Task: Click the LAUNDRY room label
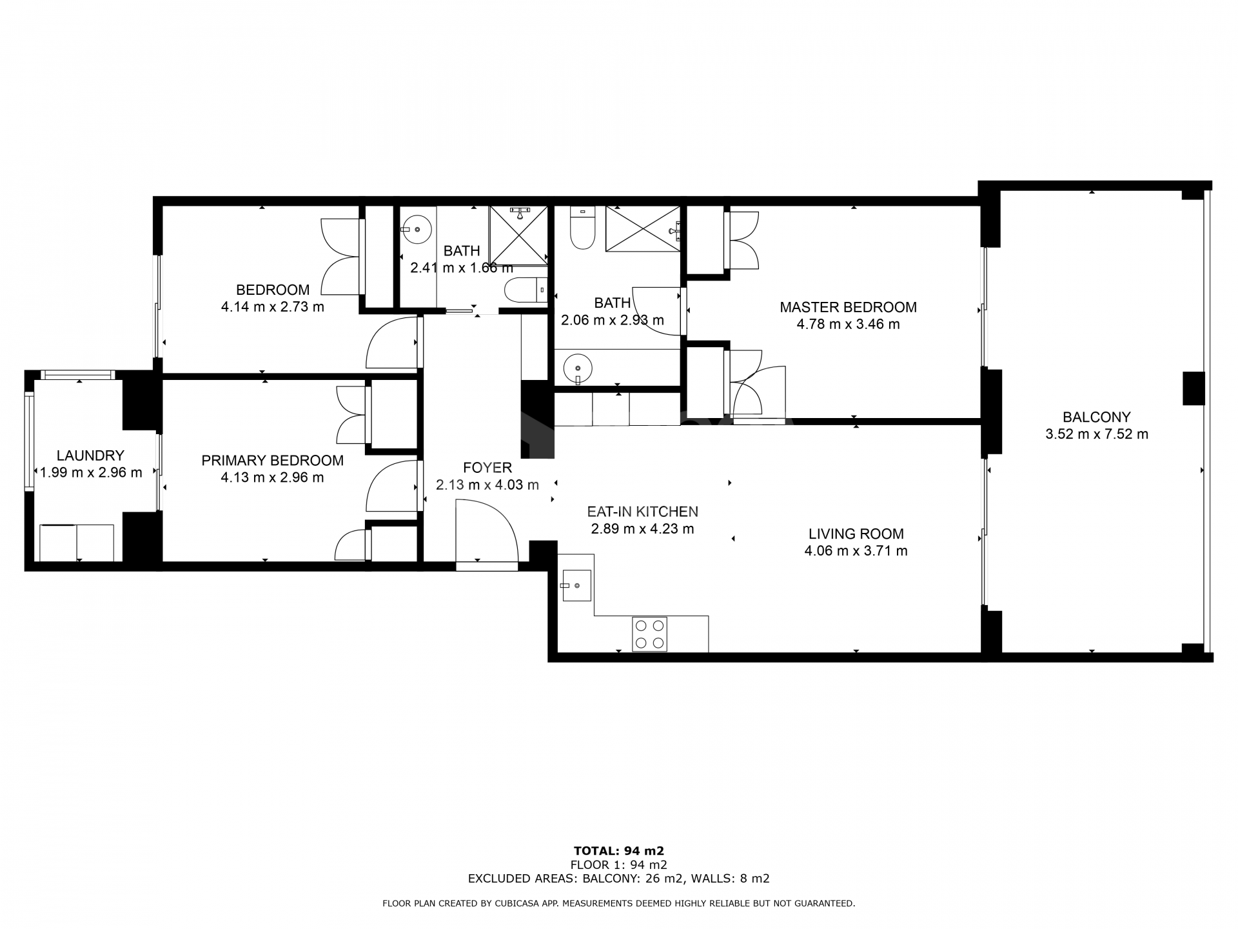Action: (x=90, y=455)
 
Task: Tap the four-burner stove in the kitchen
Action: (x=649, y=634)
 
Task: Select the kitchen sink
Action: (x=576, y=585)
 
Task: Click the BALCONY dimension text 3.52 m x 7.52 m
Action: (x=1096, y=434)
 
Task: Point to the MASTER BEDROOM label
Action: (x=848, y=307)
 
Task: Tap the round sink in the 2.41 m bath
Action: (x=417, y=228)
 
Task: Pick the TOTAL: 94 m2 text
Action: (x=618, y=851)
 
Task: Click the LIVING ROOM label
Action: (x=856, y=534)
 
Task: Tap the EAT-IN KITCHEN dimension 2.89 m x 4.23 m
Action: (x=642, y=529)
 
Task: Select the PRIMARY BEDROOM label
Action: (x=272, y=460)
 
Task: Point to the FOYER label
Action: (x=487, y=468)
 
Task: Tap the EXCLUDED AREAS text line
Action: (x=618, y=878)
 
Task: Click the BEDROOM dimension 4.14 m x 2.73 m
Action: (x=272, y=307)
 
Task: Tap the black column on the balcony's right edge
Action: (x=1193, y=388)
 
